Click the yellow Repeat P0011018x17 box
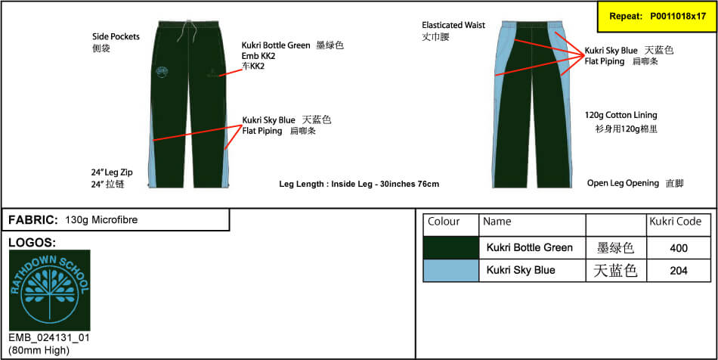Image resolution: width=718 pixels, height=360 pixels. coord(658,17)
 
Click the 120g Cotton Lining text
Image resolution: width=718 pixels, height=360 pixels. coord(621,115)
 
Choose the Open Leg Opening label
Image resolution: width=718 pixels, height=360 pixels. coord(623,183)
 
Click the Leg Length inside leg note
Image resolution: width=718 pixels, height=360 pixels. coord(359,184)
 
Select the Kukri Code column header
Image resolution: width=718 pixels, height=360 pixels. coord(676,222)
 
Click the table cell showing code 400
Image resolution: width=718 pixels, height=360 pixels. coord(679,248)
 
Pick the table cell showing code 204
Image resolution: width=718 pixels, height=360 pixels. coord(679,270)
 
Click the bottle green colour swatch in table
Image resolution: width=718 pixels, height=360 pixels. coord(451,248)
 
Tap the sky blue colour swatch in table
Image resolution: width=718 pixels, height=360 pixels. coord(451,270)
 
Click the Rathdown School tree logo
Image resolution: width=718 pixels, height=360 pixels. coord(49,290)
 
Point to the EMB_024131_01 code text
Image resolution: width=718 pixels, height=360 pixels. coord(49,338)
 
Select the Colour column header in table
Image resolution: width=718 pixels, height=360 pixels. coord(444,222)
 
